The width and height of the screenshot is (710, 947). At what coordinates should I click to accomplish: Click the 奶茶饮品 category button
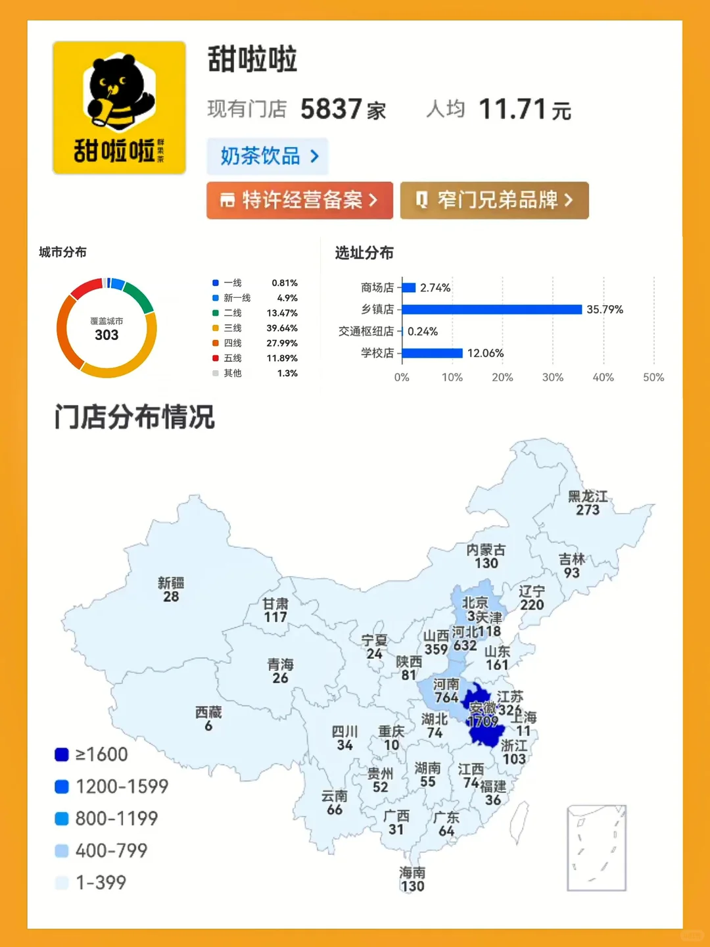[x=268, y=157]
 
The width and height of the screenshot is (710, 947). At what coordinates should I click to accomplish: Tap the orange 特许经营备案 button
[x=300, y=200]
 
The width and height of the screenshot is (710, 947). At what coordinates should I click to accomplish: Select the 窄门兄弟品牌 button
[x=494, y=200]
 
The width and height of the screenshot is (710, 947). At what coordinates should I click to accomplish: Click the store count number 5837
[x=331, y=109]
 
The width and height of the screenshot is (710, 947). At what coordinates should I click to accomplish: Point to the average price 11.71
[x=512, y=109]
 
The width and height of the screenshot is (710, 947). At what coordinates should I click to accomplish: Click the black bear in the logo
[x=118, y=92]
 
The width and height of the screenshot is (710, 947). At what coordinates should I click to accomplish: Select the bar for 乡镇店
[x=492, y=309]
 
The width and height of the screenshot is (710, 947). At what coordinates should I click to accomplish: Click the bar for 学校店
[x=432, y=353]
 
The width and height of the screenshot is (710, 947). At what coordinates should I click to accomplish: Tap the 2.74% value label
[x=435, y=287]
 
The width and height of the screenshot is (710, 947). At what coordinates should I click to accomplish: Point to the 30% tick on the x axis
[x=553, y=377]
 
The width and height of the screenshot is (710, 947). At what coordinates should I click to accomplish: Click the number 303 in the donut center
[x=106, y=335]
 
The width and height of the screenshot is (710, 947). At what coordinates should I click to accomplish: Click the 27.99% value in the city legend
[x=282, y=343]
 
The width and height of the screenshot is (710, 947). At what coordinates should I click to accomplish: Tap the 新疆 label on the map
[x=171, y=583]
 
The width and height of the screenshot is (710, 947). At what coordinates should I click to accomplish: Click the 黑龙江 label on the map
[x=588, y=497]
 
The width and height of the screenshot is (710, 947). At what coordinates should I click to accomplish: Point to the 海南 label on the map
[x=412, y=873]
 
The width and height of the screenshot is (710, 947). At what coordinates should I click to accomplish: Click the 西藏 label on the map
[x=208, y=712]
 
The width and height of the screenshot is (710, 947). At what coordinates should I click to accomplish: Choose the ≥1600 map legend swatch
[x=62, y=754]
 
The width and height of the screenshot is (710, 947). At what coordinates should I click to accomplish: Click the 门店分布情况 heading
[x=135, y=417]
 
